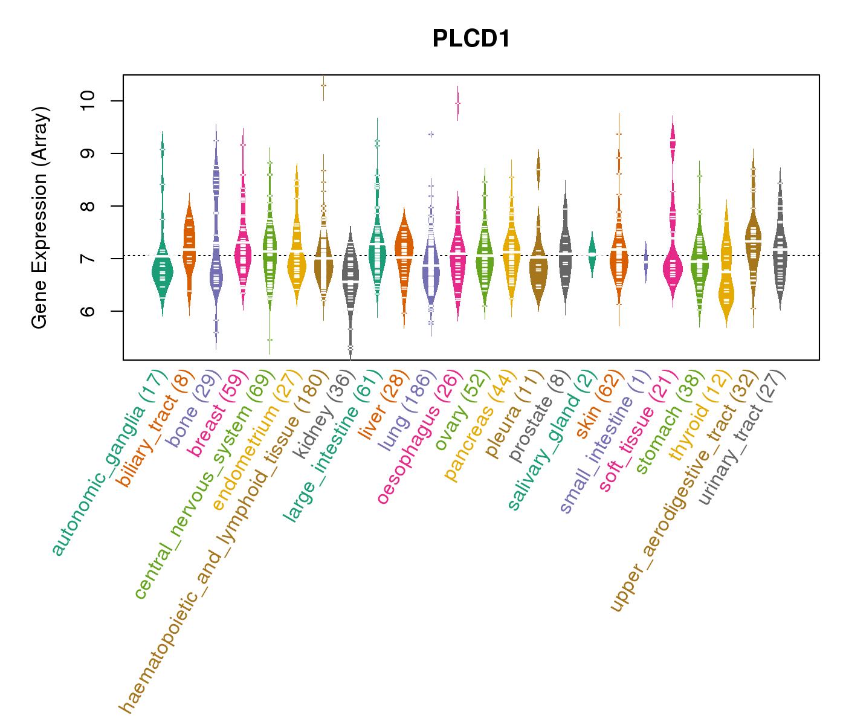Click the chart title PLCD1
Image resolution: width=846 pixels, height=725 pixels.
[x=471, y=39]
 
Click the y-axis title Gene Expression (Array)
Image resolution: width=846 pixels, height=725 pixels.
[x=40, y=218]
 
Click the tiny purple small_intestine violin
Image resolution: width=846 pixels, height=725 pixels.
[x=646, y=262]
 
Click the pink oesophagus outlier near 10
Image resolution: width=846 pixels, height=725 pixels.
[x=457, y=103]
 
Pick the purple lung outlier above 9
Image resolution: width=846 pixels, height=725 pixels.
[x=431, y=134]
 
